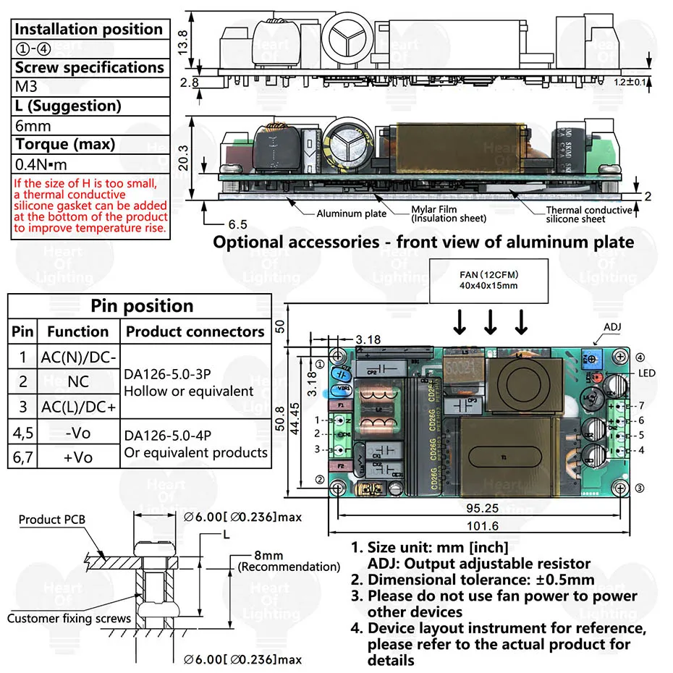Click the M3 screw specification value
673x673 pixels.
25,86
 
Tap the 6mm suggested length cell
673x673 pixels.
28,124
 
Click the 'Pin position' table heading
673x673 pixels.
142,305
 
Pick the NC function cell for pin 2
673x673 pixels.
77,381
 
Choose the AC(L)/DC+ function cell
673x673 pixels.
77,406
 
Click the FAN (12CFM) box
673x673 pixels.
490,280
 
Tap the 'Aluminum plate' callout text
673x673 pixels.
352,213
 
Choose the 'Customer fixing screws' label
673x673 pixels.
69,618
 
